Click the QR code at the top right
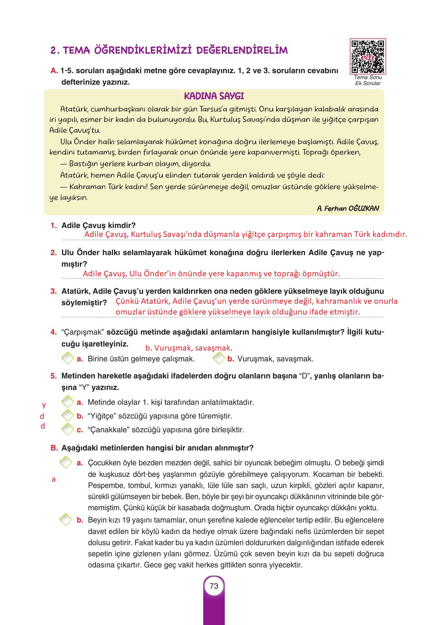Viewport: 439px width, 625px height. pos(368,56)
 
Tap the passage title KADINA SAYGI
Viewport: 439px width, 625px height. pos(214,96)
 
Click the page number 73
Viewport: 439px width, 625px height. pos(214,586)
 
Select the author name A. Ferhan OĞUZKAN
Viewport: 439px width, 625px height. pos(348,208)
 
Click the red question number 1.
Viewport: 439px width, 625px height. pos(54,225)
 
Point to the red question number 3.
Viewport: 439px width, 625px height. pos(54,291)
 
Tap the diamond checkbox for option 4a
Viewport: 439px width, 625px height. pos(67,358)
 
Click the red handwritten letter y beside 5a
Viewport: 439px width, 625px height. pos(44,404)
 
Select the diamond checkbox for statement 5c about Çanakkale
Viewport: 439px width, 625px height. pos(67,429)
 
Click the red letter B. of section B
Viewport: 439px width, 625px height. pos(54,448)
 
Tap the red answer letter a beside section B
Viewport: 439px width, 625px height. pos(54,479)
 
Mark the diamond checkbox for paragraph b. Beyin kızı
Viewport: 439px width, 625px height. pos(65,520)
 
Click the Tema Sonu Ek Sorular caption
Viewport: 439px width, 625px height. pos(368,80)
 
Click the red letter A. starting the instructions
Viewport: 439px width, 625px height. pos(54,71)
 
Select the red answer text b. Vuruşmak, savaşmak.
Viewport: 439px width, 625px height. pos(188,348)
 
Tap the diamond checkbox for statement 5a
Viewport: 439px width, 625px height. pos(67,401)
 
